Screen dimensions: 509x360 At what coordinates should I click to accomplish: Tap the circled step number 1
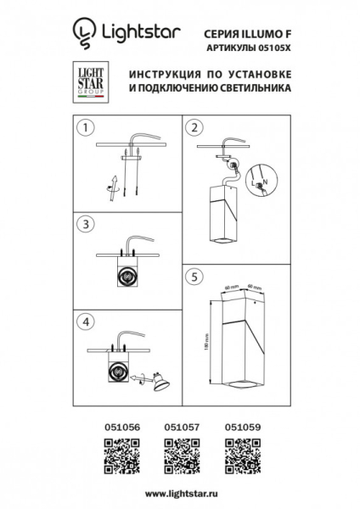click(83, 129)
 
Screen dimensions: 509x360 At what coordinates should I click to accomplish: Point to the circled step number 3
click(83, 224)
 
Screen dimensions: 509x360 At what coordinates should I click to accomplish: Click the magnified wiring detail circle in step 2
click(262, 181)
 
